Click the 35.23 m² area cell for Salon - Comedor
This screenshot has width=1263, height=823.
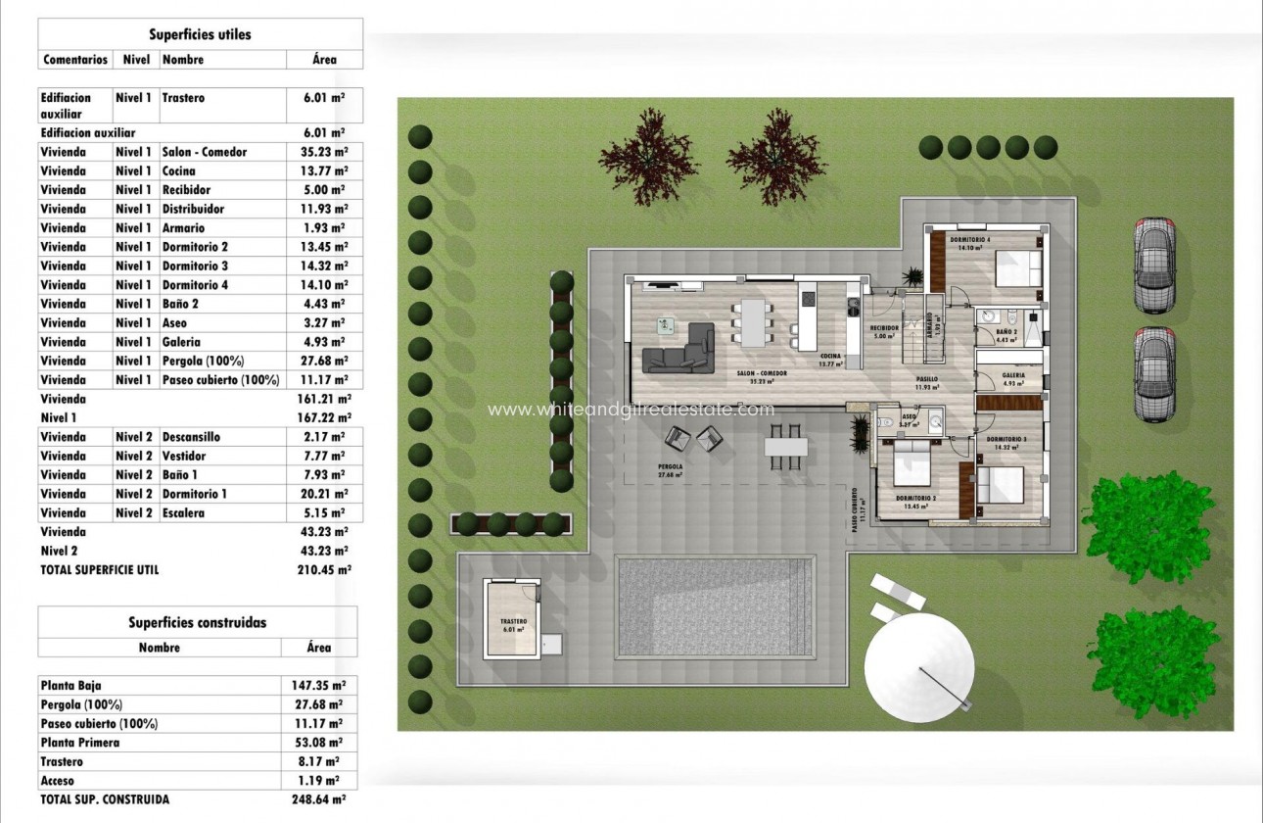coord(324,152)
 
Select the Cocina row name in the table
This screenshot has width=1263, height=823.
coord(179,170)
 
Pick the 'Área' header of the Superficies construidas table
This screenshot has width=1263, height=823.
coord(318,648)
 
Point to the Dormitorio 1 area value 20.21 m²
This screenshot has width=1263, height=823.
coord(324,494)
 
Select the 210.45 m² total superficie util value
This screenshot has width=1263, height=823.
coord(324,569)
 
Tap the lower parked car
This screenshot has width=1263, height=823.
coord(1154,375)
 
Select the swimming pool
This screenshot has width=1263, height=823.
coord(716,607)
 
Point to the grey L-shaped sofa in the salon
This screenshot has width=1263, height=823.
coord(678,348)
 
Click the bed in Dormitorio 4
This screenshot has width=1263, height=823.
coord(1018,266)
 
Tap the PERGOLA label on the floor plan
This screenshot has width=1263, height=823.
coord(670,466)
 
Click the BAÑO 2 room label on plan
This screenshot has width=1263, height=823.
coord(1007,333)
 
